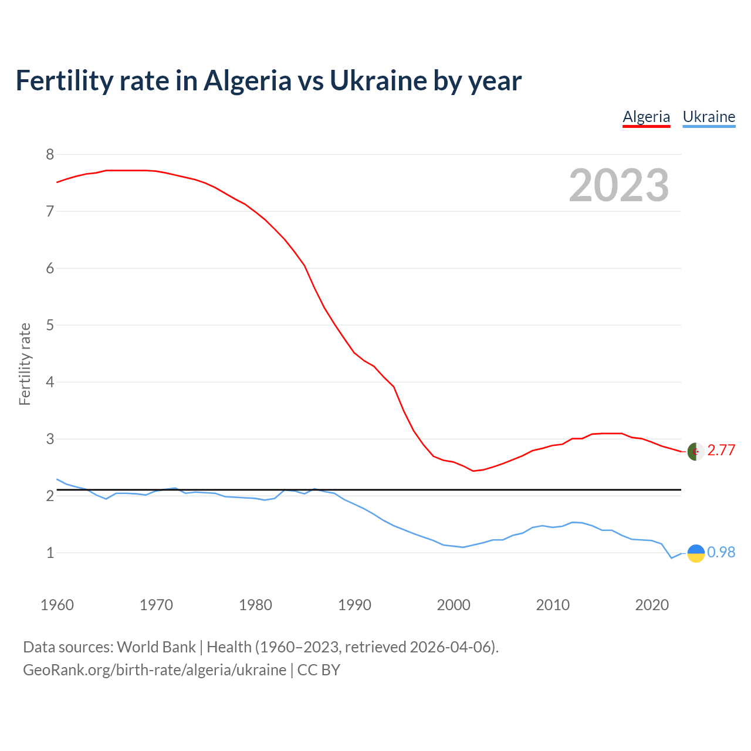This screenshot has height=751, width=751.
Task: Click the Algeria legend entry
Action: [646, 117]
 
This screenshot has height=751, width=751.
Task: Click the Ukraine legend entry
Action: [709, 117]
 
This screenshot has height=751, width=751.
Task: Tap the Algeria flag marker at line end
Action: [695, 451]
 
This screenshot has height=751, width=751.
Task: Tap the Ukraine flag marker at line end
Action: [695, 553]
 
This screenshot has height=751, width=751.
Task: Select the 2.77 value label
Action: [721, 450]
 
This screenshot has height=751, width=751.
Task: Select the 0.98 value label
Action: [721, 552]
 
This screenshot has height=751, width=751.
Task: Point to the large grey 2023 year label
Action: [618, 185]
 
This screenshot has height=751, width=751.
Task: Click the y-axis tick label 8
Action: [50, 154]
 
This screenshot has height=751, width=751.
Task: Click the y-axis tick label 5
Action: [50, 325]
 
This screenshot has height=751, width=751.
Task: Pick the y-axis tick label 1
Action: [50, 553]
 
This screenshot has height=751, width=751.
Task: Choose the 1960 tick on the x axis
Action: [57, 605]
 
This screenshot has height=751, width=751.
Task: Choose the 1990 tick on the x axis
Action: [354, 605]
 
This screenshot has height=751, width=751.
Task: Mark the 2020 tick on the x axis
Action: [652, 605]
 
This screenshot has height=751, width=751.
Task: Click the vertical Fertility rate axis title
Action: [25, 364]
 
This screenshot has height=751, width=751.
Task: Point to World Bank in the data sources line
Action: [156, 647]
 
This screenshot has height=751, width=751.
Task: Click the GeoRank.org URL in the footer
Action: [154, 669]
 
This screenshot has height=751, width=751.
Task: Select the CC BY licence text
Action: [319, 669]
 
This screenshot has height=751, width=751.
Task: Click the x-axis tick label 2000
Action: [454, 605]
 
